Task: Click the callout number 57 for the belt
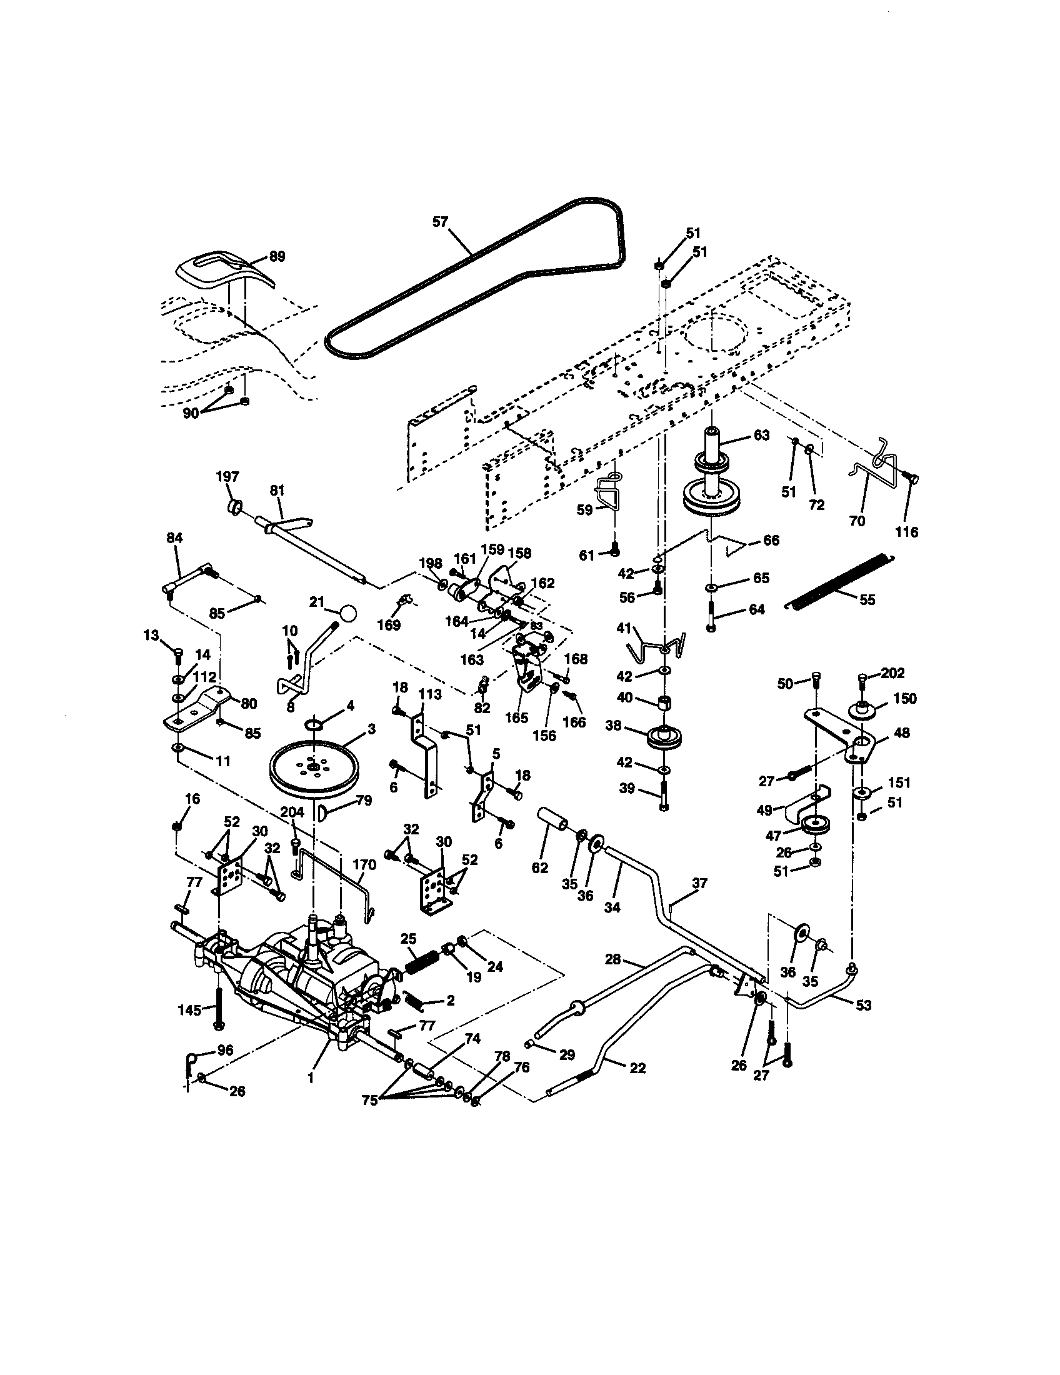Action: pyautogui.click(x=441, y=221)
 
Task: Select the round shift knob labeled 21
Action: pyautogui.click(x=347, y=612)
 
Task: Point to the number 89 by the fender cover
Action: pyautogui.click(x=276, y=256)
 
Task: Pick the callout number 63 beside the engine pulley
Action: pyautogui.click(x=761, y=435)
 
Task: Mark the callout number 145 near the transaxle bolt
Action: pyautogui.click(x=189, y=1010)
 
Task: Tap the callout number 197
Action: pyautogui.click(x=228, y=476)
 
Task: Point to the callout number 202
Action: pyautogui.click(x=892, y=672)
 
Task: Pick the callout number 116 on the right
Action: pyautogui.click(x=906, y=532)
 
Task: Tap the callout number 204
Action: pyautogui.click(x=292, y=812)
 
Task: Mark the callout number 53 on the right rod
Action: pyautogui.click(x=864, y=1006)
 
